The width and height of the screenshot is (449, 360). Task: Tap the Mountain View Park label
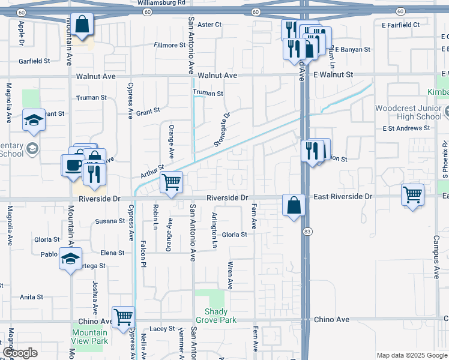click(90, 337)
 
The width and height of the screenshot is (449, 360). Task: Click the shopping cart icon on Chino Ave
click(123, 317)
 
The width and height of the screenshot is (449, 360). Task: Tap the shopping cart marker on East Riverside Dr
click(412, 194)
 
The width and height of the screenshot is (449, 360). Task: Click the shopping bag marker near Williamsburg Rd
click(83, 25)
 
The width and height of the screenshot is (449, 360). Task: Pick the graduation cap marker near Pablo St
click(70, 259)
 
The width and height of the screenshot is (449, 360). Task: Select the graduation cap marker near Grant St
click(34, 120)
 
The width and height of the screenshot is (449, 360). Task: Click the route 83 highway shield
click(307, 231)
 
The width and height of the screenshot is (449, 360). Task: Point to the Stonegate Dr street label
click(221, 130)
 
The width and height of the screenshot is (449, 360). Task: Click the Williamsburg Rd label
click(161, 3)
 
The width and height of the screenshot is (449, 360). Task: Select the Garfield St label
click(34, 61)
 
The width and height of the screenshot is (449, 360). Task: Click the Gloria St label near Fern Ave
click(235, 235)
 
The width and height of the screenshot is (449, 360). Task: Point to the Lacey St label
click(161, 329)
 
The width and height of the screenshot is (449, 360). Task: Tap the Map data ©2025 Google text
click(411, 355)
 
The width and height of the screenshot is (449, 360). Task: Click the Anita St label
click(31, 297)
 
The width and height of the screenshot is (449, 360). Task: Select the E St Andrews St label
click(406, 128)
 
